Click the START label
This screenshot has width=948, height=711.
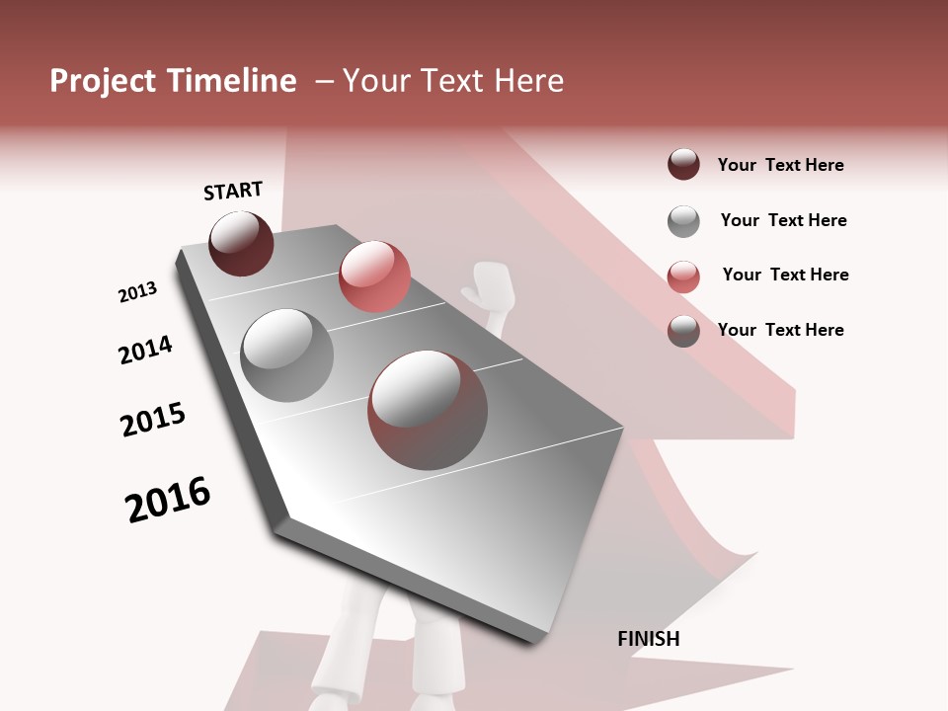[x=233, y=191]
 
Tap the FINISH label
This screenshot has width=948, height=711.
[x=648, y=639]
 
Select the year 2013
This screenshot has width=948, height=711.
[x=137, y=292]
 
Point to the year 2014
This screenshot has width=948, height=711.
[x=145, y=350]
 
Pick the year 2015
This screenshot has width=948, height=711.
[x=153, y=420]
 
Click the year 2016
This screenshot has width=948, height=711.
[x=168, y=500]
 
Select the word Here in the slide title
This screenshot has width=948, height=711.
[x=529, y=81]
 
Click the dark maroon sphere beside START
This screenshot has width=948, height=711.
[x=241, y=243]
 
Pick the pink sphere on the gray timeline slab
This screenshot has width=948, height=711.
[x=374, y=276]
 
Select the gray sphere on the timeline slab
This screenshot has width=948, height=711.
[x=287, y=355]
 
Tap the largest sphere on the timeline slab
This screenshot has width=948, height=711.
[x=428, y=409]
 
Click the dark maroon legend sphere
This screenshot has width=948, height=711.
[x=683, y=165]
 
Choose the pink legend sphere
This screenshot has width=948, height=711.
[x=683, y=276]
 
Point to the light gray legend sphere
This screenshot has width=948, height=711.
[x=683, y=221]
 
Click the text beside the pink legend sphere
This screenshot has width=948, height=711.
[x=785, y=275]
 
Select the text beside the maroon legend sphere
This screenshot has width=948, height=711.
[x=780, y=165]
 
